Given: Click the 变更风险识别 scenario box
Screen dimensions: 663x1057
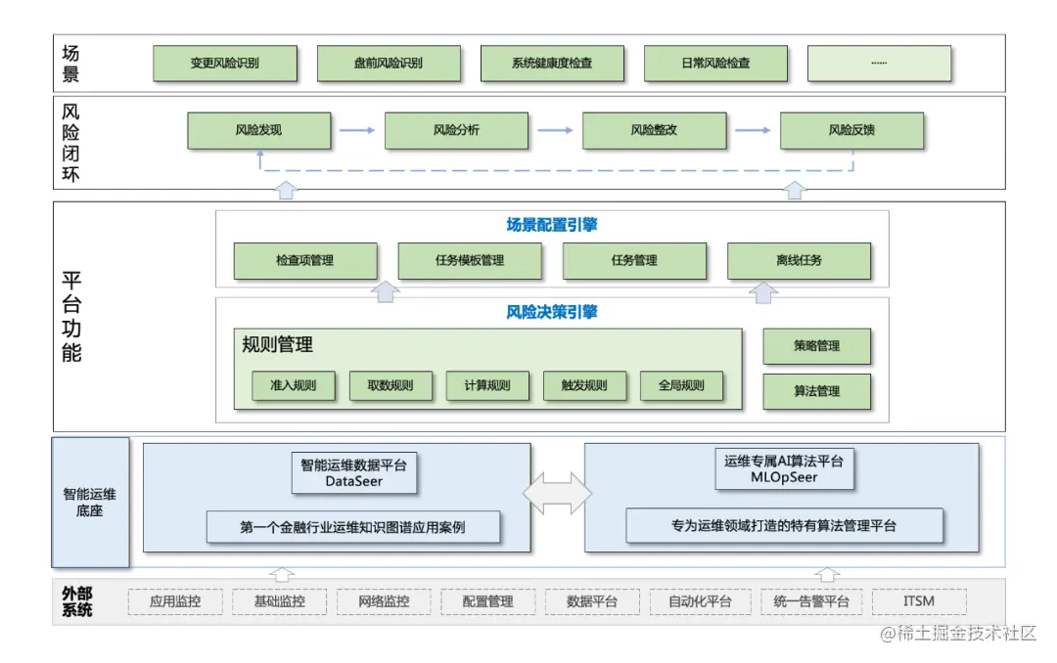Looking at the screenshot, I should [225, 64].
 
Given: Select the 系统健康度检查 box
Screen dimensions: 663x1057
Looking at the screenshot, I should [552, 64].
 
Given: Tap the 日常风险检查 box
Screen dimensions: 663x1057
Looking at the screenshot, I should [715, 64].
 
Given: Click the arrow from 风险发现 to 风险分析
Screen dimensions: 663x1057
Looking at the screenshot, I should [357, 130].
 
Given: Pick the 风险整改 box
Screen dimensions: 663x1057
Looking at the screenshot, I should [654, 130].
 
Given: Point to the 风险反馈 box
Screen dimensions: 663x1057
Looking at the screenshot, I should [851, 130].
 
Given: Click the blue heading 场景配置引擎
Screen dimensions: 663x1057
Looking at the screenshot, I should [552, 225].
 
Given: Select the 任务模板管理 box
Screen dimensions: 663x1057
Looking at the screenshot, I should [470, 261].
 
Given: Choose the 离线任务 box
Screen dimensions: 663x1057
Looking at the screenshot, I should [799, 261].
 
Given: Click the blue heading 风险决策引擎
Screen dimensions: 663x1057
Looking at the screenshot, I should [552, 313].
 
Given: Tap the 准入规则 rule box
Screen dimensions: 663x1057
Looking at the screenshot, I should [293, 385].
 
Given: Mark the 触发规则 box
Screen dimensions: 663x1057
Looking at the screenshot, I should [584, 385].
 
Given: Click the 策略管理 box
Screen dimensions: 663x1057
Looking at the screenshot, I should [816, 345].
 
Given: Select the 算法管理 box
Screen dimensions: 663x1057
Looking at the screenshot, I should [816, 391].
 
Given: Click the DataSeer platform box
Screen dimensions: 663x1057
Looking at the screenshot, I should [354, 471].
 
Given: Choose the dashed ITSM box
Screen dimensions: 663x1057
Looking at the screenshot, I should [919, 601].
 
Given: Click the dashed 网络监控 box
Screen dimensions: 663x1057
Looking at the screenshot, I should [383, 601].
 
